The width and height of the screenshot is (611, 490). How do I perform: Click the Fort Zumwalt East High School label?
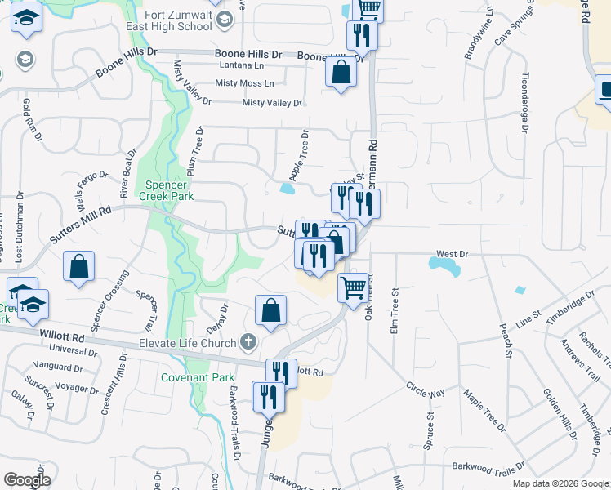[177, 20]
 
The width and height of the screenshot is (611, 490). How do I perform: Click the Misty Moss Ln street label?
[244, 83]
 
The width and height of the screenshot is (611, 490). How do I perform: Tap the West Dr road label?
[452, 255]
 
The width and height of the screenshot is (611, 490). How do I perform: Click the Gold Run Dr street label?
[33, 120]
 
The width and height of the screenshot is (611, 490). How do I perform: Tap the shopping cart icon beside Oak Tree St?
[353, 287]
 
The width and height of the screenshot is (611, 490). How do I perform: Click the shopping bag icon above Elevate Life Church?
[270, 310]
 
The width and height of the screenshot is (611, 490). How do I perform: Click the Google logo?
[27, 480]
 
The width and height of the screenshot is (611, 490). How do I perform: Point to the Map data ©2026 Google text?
[560, 483]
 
